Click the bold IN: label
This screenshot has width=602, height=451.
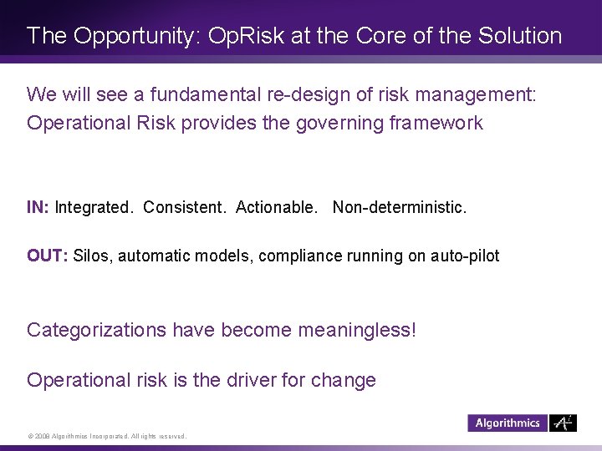tap(38, 206)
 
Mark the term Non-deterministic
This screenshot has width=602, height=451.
tap(400, 206)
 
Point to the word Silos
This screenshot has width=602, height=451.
tap(93, 256)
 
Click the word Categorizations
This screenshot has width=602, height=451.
tap(97, 330)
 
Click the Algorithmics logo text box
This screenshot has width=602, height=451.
tap(508, 423)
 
